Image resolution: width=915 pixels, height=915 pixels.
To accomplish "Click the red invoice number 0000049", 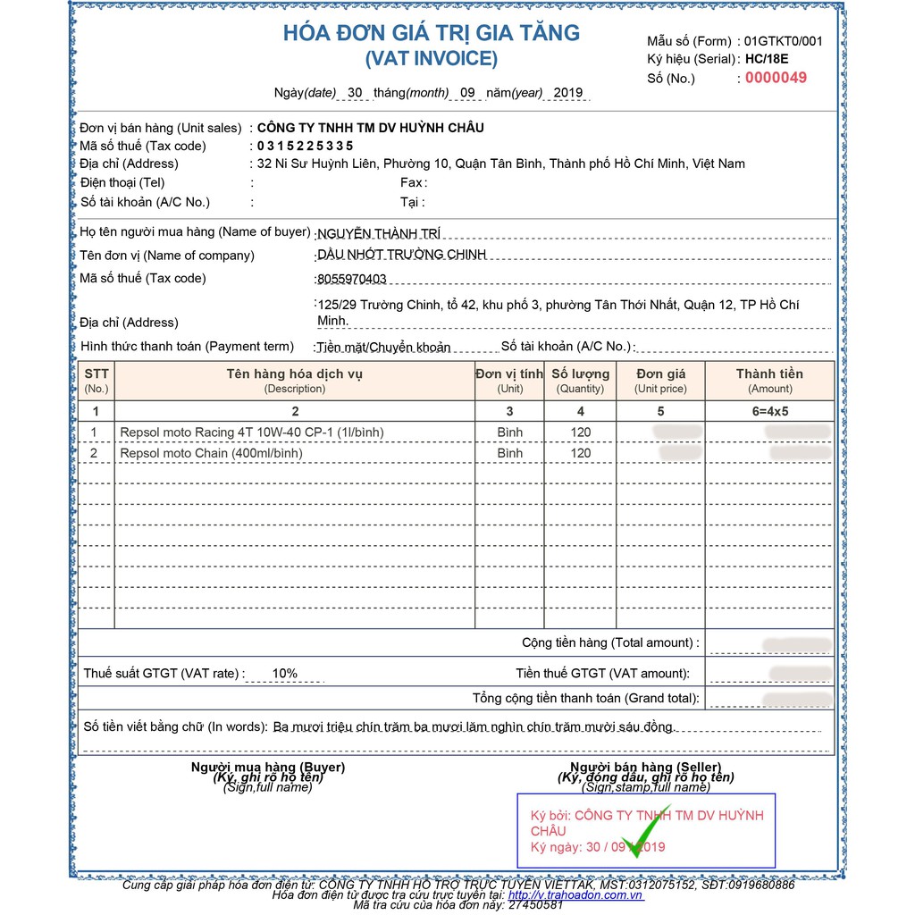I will pyautogui.click(x=776, y=78).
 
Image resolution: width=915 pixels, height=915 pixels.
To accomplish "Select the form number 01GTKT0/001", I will pyautogui.click(x=784, y=41).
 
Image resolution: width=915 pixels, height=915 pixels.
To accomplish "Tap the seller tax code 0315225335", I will pyautogui.click(x=305, y=146).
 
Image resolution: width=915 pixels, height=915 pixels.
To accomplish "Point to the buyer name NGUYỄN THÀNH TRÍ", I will pyautogui.click(x=380, y=234).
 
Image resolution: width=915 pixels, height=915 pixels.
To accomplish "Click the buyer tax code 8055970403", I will pyautogui.click(x=352, y=279).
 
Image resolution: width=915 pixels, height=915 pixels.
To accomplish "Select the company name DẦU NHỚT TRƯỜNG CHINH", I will pyautogui.click(x=402, y=255).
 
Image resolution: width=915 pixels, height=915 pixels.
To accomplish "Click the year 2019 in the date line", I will pyautogui.click(x=568, y=93).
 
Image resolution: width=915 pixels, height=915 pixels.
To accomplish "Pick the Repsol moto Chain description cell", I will pyautogui.click(x=211, y=453).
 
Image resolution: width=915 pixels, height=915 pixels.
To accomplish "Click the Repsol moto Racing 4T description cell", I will pyautogui.click(x=251, y=432).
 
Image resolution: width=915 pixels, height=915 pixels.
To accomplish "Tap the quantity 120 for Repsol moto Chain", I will pyautogui.click(x=581, y=453).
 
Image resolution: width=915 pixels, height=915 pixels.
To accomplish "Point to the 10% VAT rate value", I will pyautogui.click(x=285, y=674).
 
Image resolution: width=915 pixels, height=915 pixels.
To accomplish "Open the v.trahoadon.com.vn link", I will pyautogui.click(x=575, y=894).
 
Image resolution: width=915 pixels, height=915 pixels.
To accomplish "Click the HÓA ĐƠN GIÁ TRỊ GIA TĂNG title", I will pyautogui.click(x=432, y=34).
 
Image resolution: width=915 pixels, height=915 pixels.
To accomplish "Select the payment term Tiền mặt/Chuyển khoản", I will pyautogui.click(x=383, y=347).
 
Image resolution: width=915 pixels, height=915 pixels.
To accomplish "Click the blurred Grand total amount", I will pyautogui.click(x=796, y=698).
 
